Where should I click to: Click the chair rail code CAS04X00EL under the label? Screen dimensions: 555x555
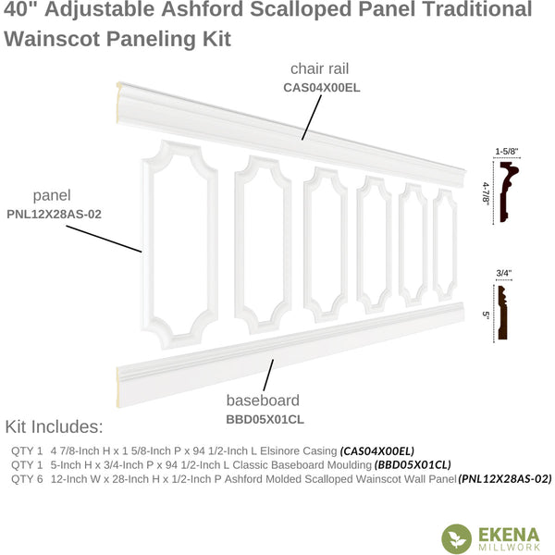tap(321, 88)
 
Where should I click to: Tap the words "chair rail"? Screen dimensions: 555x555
tap(319, 68)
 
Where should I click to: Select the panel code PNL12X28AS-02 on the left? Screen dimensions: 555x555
tap(54, 215)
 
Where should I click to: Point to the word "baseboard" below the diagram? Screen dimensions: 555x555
tap(263, 401)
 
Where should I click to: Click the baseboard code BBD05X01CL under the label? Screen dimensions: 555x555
tap(265, 419)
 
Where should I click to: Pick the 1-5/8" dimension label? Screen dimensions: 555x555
tap(506, 152)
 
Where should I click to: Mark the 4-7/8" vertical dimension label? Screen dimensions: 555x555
tap(486, 193)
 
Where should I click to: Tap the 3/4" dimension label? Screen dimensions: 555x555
tap(504, 273)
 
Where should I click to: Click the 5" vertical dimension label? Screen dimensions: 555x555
tap(486, 314)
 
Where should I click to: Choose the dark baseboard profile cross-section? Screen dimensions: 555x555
tap(502, 313)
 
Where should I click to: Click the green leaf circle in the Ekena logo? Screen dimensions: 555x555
tap(457, 538)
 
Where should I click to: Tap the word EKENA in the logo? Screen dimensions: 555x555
tap(509, 535)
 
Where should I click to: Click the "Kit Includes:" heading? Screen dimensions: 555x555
tap(54, 426)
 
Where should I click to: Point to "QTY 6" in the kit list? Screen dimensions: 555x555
tap(27, 479)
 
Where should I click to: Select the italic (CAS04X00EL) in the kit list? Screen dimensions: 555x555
tap(377, 451)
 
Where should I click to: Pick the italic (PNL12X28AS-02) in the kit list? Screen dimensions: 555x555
tap(505, 479)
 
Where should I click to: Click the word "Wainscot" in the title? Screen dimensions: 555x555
tap(51, 39)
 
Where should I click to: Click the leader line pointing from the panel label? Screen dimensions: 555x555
tap(104, 239)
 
